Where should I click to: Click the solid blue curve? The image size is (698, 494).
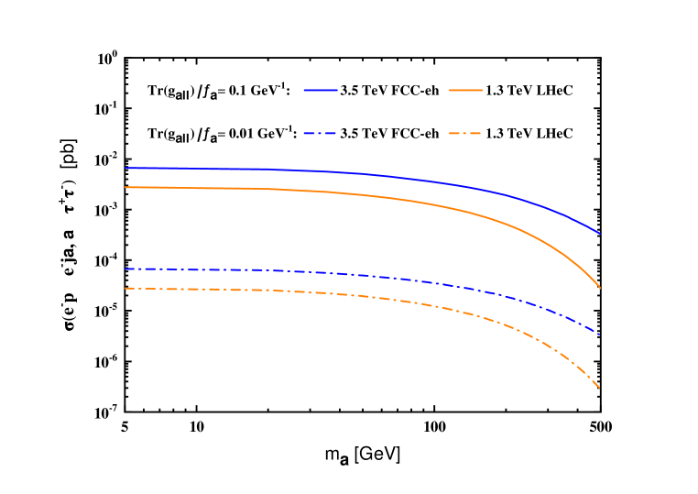(x=366, y=173)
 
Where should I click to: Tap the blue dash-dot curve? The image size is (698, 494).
(x=366, y=274)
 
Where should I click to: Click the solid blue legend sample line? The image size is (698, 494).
(x=321, y=90)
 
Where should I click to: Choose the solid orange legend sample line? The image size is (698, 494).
(x=465, y=90)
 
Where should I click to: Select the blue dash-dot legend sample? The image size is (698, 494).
(x=311, y=134)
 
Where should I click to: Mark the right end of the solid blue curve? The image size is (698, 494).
(x=600, y=234)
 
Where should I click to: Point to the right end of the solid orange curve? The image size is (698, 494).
(x=600, y=288)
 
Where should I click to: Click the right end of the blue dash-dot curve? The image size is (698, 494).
(x=600, y=335)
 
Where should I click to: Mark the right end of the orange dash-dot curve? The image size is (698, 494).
(x=600, y=389)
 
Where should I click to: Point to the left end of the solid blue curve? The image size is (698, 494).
(x=125, y=168)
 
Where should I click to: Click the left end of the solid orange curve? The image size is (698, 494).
(x=125, y=187)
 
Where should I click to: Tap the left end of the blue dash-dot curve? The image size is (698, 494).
(x=125, y=269)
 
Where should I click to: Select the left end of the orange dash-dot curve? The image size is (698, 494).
(x=125, y=288)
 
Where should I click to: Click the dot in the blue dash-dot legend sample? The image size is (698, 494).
(x=321, y=134)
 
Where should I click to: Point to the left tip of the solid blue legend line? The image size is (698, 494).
(x=304, y=90)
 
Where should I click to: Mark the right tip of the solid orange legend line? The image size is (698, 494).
(x=483, y=90)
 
